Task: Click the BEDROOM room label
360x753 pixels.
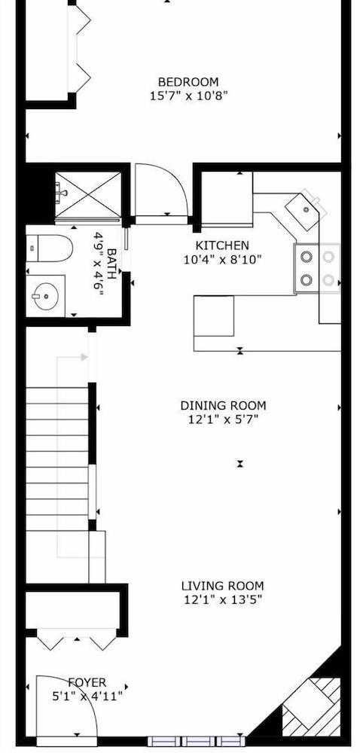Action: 188,82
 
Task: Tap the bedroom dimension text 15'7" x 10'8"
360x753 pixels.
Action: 188,96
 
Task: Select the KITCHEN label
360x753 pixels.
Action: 223,246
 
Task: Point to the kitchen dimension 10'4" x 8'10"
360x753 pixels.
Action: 223,260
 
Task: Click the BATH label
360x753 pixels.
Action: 111,263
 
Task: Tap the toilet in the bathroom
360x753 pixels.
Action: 49,248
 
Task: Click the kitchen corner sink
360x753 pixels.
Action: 303,210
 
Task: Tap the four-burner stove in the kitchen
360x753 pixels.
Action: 317,268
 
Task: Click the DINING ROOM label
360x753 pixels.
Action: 223,406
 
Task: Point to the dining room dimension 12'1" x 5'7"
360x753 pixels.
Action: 223,419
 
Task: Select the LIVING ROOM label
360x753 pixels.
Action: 223,586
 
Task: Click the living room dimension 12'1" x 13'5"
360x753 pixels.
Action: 223,600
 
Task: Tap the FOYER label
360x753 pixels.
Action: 87,682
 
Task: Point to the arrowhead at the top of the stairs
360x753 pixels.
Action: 84,357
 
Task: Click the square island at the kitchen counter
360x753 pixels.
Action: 214,316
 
